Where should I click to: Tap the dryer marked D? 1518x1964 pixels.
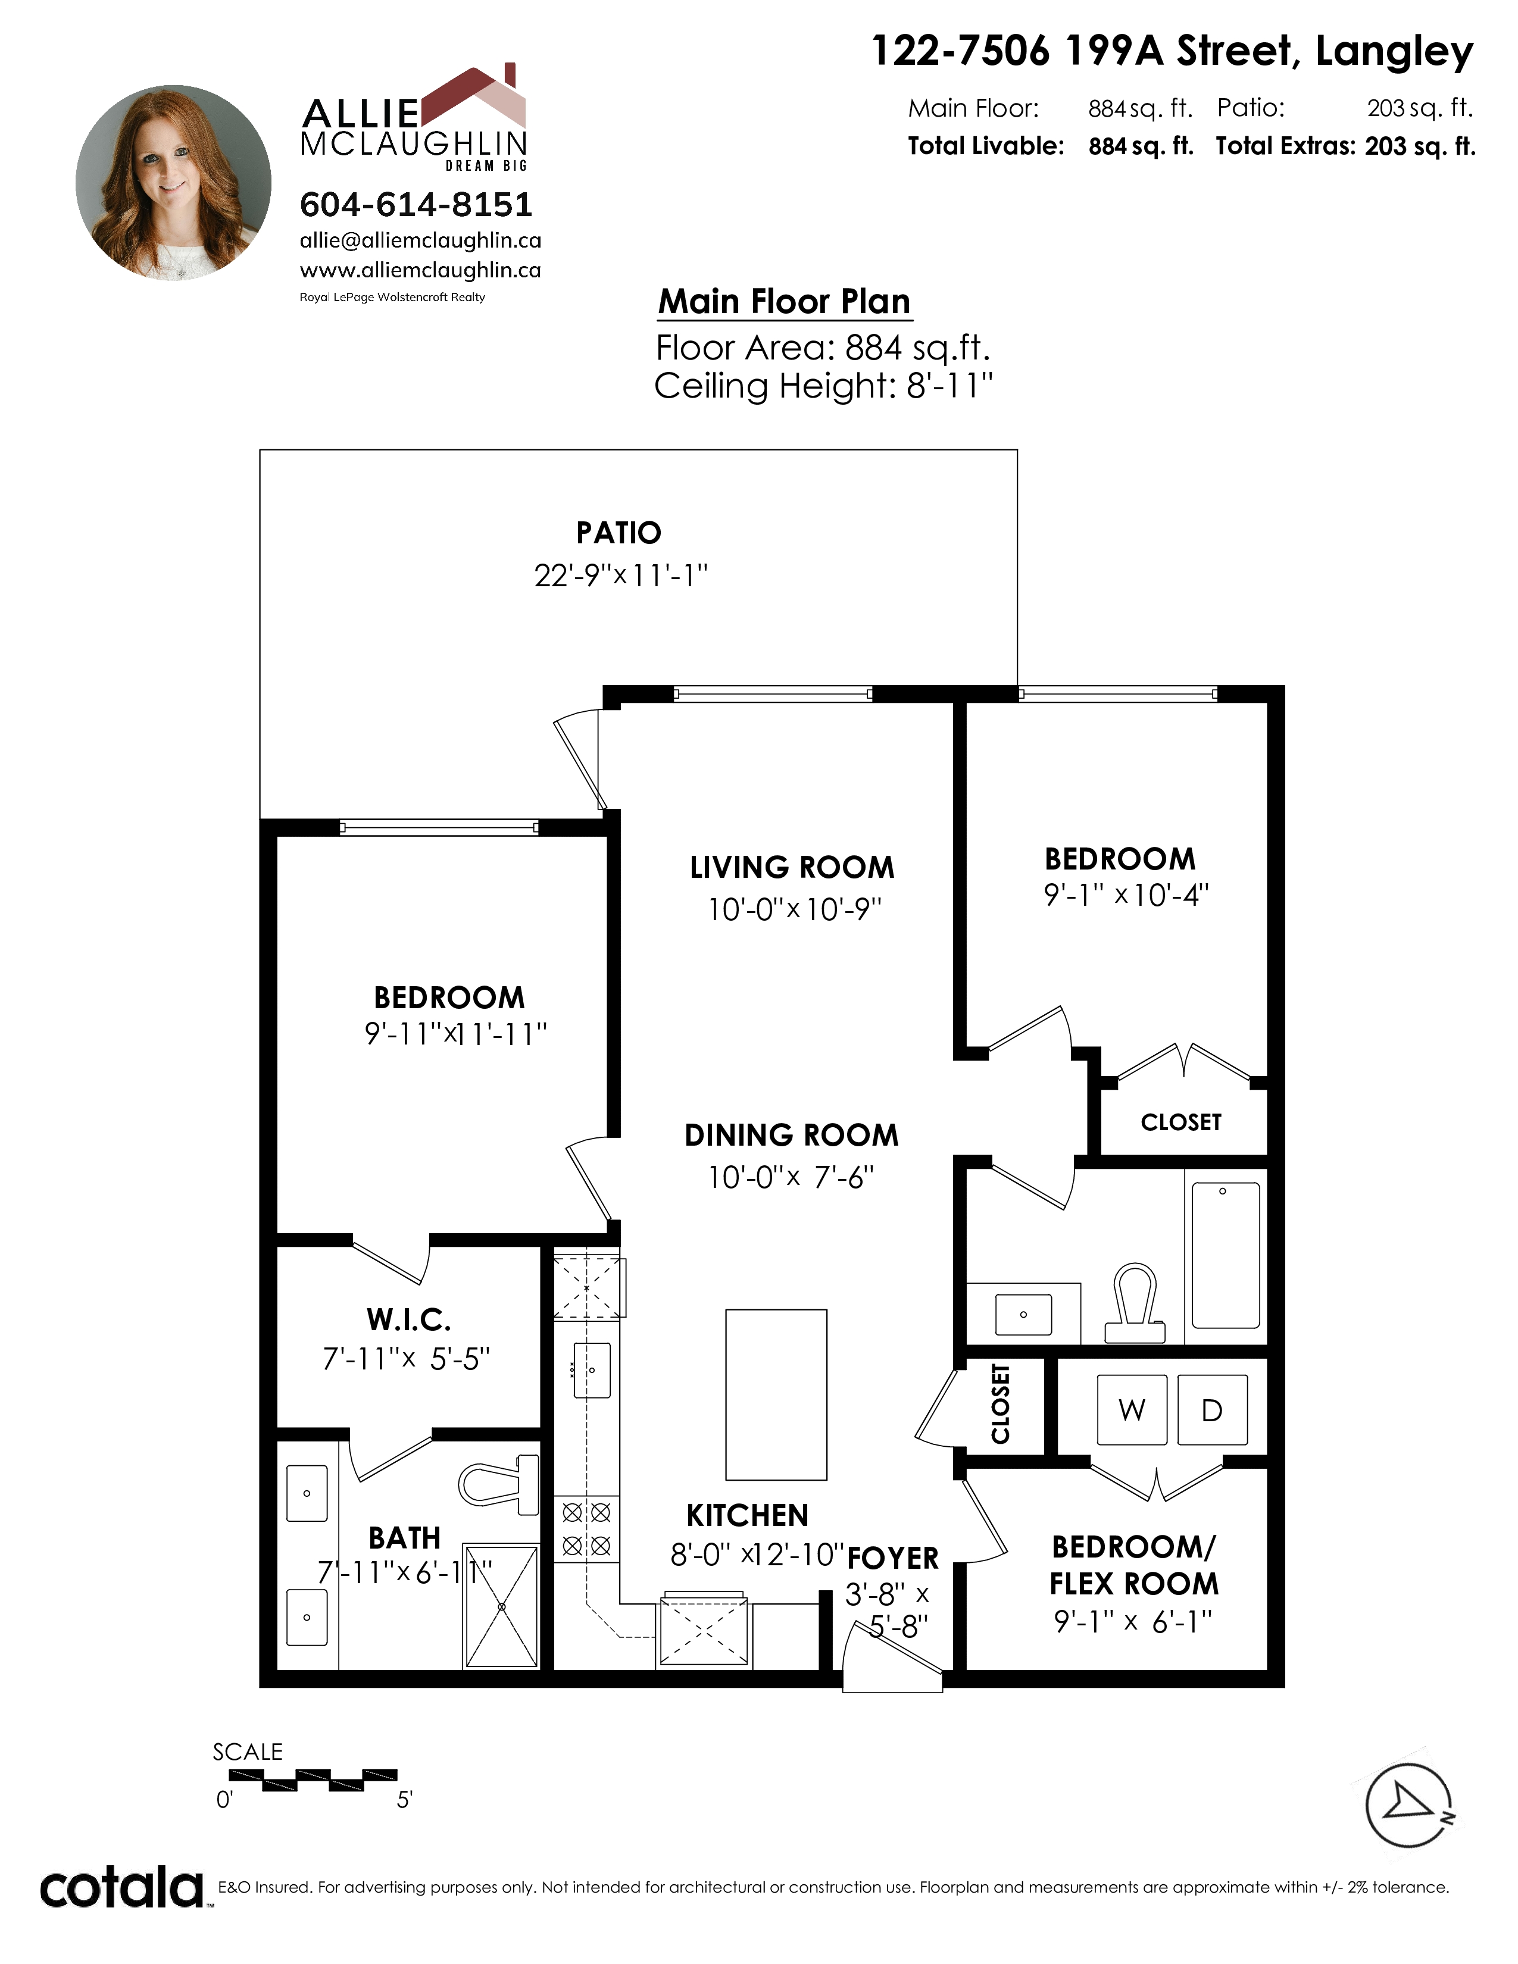tap(1212, 1410)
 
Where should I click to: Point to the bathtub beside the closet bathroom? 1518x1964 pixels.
tap(1226, 1255)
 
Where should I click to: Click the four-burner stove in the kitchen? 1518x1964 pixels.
tap(586, 1529)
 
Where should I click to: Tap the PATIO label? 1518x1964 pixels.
tap(619, 533)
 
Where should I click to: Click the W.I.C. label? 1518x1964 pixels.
tap(409, 1319)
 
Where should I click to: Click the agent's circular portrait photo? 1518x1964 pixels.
tap(174, 183)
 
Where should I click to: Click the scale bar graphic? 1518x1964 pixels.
tap(313, 1780)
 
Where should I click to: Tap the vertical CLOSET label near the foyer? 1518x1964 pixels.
tap(1000, 1404)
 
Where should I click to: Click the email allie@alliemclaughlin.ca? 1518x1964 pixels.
tap(420, 240)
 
